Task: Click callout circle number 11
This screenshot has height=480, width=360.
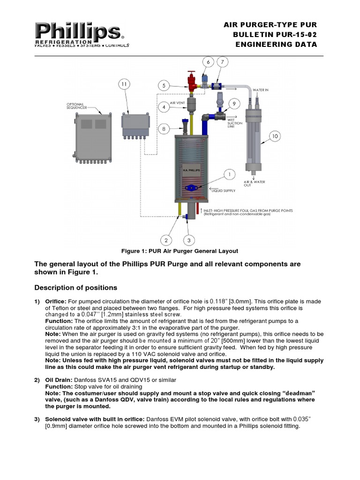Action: click(x=124, y=84)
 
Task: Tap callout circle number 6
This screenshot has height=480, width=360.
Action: click(x=208, y=62)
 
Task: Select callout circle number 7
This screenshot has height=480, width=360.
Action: click(x=223, y=62)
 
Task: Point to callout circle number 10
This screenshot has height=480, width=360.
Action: click(x=274, y=136)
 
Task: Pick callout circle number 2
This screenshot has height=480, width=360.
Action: click(x=165, y=240)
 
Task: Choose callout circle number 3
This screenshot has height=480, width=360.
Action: click(x=188, y=240)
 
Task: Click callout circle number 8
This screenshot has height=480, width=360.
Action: click(x=164, y=128)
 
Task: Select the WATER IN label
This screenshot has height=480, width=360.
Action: click(x=261, y=90)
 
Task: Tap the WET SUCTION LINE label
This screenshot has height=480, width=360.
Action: click(x=237, y=123)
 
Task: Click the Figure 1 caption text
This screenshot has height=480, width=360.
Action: click(x=180, y=251)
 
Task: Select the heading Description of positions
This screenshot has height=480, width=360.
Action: click(x=76, y=287)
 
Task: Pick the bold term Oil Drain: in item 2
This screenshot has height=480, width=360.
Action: click(x=58, y=379)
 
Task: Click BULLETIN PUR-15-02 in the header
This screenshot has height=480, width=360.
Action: click(x=275, y=35)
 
